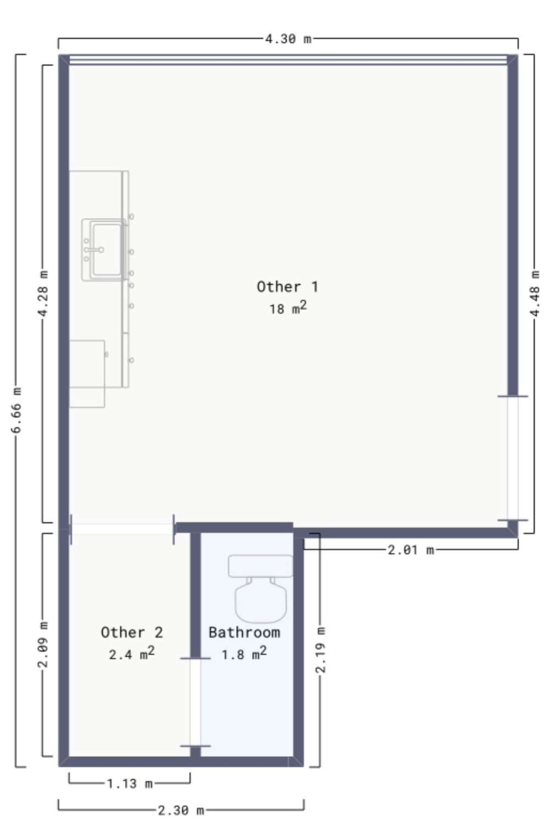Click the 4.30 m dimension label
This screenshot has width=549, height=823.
coord(288,38)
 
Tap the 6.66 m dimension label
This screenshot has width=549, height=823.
coord(16,410)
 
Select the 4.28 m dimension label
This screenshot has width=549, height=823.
coord(43,293)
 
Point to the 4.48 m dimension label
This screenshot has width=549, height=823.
coord(535,293)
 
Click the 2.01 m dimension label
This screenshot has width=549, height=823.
coord(411,550)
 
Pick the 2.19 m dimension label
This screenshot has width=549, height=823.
coord(321,650)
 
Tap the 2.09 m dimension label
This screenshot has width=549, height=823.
coord(43,645)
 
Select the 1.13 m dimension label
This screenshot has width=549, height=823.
coord(130,783)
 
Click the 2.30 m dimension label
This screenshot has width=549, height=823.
coord(181,810)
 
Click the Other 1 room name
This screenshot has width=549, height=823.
coord(287,287)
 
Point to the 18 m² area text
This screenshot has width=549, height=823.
coord(288,308)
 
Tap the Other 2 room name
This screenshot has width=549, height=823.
coord(132,632)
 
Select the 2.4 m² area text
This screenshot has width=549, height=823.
coord(132,654)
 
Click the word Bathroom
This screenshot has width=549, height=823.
coord(244,632)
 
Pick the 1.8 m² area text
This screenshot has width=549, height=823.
coord(244,654)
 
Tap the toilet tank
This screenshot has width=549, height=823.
coord(261,566)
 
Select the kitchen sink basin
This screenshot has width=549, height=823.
coord(107,250)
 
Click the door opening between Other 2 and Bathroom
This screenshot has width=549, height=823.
coord(195,702)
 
